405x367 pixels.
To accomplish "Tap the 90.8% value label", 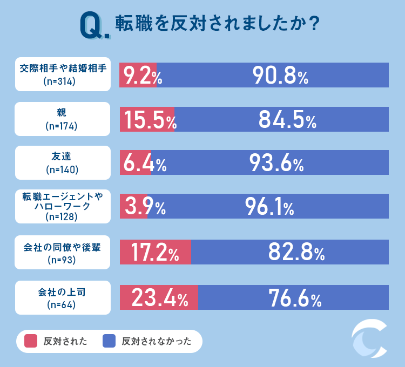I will pyautogui.click(x=280, y=76).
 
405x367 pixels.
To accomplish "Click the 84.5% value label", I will pyautogui.click(x=287, y=120).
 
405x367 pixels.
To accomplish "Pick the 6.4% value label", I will pyautogui.click(x=143, y=163).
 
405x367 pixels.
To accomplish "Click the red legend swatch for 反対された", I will pyautogui.click(x=31, y=341).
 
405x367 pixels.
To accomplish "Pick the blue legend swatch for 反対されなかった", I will pyautogui.click(x=110, y=341).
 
